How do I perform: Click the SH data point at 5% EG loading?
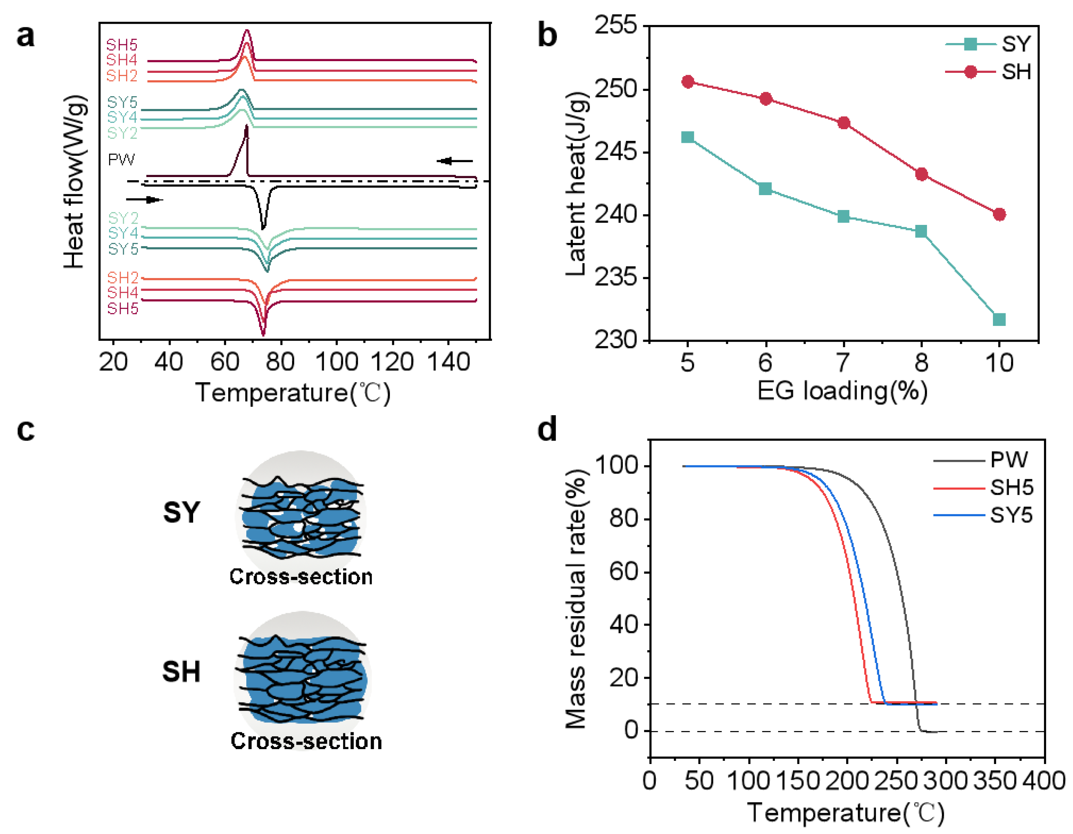pyautogui.click(x=688, y=82)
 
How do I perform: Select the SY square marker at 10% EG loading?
pyautogui.click(x=999, y=320)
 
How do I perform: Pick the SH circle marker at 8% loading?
pyautogui.click(x=922, y=174)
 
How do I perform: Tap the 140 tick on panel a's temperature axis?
pyautogui.click(x=449, y=362)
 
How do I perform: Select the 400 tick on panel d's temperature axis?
pyautogui.click(x=1044, y=780)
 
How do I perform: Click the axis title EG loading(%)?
pyautogui.click(x=842, y=391)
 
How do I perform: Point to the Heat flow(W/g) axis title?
pyautogui.click(x=75, y=182)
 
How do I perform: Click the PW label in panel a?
pyautogui.click(x=121, y=160)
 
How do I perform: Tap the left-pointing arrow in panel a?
pyautogui.click(x=455, y=161)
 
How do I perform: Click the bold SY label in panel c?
pyautogui.click(x=181, y=512)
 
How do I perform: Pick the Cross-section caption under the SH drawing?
pyautogui.click(x=306, y=741)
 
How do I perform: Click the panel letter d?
pyautogui.click(x=547, y=429)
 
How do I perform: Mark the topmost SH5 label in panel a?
pyautogui.click(x=122, y=45)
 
